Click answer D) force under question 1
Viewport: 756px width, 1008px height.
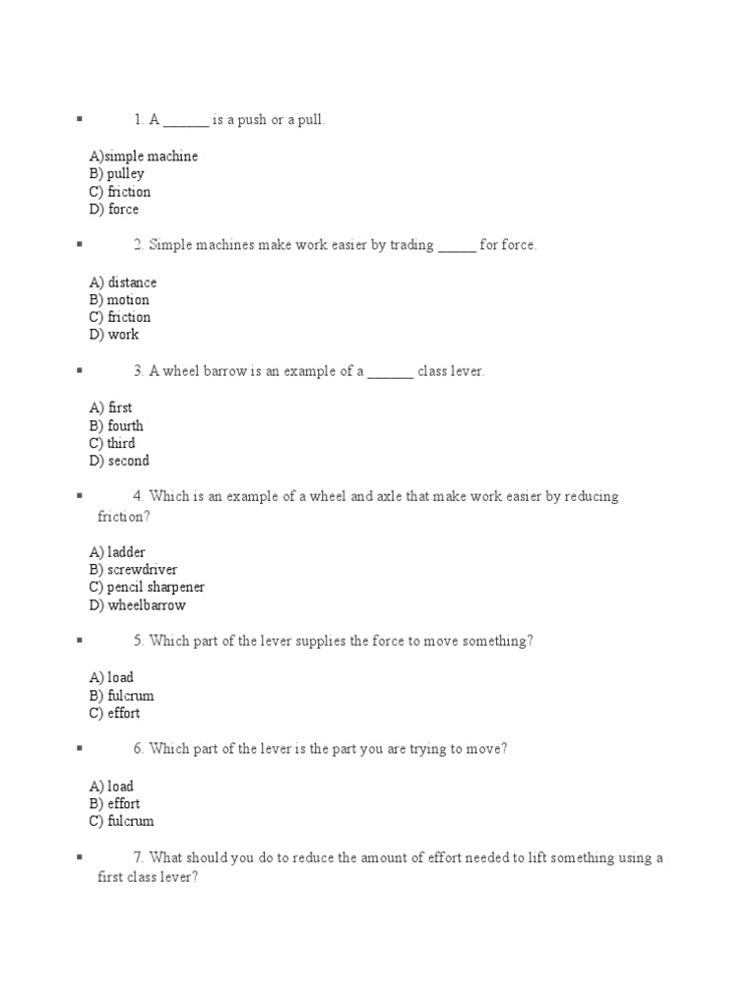click(113, 210)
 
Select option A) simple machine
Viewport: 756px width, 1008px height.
click(143, 157)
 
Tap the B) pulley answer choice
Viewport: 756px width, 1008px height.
click(116, 174)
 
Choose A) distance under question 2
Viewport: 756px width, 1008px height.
click(122, 283)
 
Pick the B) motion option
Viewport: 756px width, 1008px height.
click(118, 300)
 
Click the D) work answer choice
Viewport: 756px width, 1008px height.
click(113, 335)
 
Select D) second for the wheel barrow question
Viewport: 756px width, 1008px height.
click(118, 461)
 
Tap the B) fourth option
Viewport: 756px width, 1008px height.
click(115, 426)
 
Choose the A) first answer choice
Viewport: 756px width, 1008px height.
click(110, 408)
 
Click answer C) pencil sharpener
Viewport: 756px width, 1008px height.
click(146, 588)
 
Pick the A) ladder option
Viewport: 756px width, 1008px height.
click(116, 552)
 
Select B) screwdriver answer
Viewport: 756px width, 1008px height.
click(132, 570)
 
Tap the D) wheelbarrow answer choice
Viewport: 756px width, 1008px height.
click(137, 605)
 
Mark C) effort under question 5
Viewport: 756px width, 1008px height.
click(113, 714)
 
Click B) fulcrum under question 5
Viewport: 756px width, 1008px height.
click(120, 696)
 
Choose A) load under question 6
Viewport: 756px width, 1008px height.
click(110, 787)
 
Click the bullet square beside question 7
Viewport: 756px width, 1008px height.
click(78, 857)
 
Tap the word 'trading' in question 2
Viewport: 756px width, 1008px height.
click(411, 245)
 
